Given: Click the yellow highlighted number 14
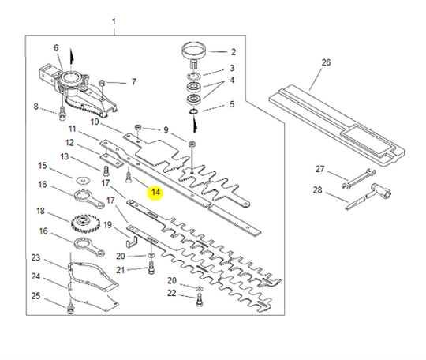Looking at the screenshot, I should tap(155, 192).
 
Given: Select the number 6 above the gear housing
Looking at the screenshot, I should tap(56, 48).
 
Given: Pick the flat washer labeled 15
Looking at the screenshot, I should tap(82, 178).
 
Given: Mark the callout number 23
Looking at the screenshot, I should tap(35, 258).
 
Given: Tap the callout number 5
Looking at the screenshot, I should tap(231, 103).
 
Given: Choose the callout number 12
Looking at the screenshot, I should tap(69, 143).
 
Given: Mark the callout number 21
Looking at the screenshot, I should tap(121, 270).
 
